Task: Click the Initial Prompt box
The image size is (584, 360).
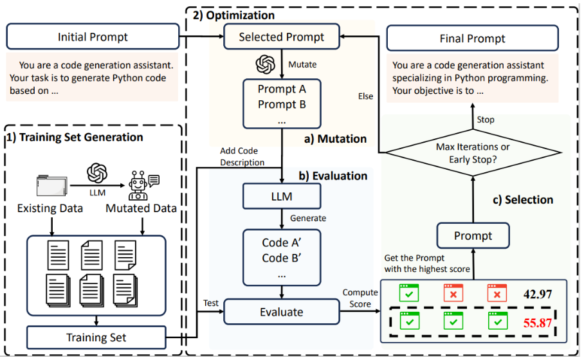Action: click(93, 37)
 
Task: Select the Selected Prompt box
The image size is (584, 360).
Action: click(282, 37)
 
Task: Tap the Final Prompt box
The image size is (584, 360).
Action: click(472, 38)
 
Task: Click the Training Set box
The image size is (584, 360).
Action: click(96, 337)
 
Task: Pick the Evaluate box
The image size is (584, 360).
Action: click(282, 312)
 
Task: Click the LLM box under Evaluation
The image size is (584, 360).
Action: click(282, 196)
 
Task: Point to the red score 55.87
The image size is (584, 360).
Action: click(537, 323)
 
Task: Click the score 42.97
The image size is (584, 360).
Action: click(538, 294)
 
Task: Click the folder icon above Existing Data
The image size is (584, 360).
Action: click(51, 185)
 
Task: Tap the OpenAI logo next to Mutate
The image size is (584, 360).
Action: click(265, 64)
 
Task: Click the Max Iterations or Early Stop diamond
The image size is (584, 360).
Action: click(473, 152)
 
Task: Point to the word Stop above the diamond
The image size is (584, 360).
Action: click(486, 120)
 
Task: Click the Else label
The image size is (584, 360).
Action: click(365, 96)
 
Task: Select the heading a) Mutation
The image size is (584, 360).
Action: click(335, 139)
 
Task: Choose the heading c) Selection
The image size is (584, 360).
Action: click(523, 200)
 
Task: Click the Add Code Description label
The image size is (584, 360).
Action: click(242, 156)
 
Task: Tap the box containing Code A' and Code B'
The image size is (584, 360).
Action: click(282, 258)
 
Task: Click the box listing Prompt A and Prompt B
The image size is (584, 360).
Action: click(282, 104)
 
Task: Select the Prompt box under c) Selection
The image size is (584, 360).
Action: click(473, 235)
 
